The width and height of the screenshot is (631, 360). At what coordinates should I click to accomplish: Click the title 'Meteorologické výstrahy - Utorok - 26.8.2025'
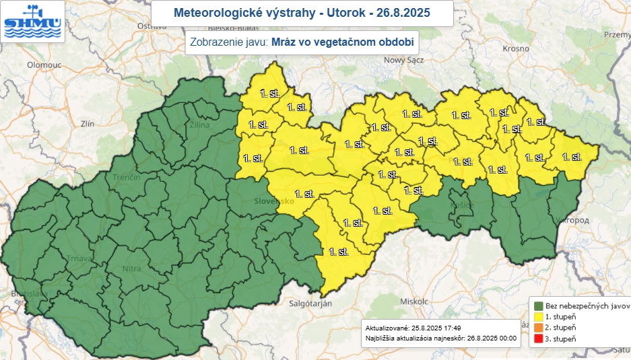(x=301, y=13)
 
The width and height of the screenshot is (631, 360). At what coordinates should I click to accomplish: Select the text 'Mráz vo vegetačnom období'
(x=341, y=42)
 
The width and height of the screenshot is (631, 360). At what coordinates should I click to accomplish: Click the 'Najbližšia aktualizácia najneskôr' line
(x=440, y=338)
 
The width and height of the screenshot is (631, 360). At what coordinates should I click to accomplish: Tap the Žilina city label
(x=199, y=124)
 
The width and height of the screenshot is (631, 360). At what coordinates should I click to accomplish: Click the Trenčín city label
(x=127, y=177)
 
